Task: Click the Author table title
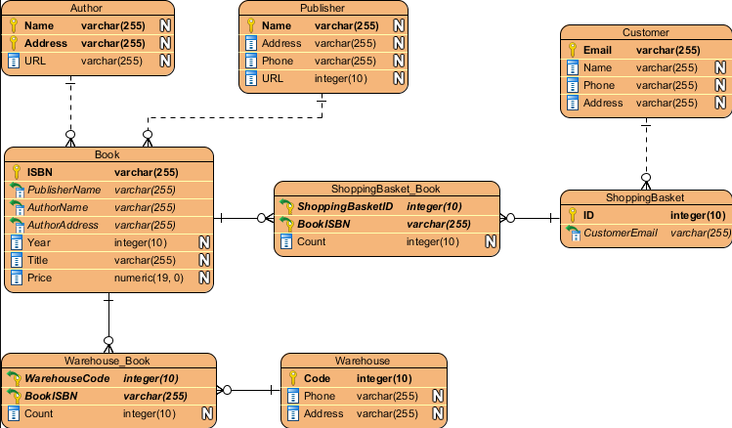click(86, 8)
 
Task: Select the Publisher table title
click(323, 8)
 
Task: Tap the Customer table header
click(645, 32)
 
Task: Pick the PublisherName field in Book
click(64, 190)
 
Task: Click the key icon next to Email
click(574, 50)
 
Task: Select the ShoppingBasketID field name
click(345, 206)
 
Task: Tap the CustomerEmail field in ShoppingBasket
click(619, 233)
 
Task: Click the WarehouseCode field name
click(66, 378)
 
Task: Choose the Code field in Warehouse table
click(318, 378)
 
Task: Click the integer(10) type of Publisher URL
click(341, 78)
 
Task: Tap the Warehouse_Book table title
click(108, 361)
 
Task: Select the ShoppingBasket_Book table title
click(386, 189)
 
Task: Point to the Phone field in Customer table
click(598, 85)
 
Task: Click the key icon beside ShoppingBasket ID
click(574, 215)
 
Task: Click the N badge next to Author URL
click(165, 61)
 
